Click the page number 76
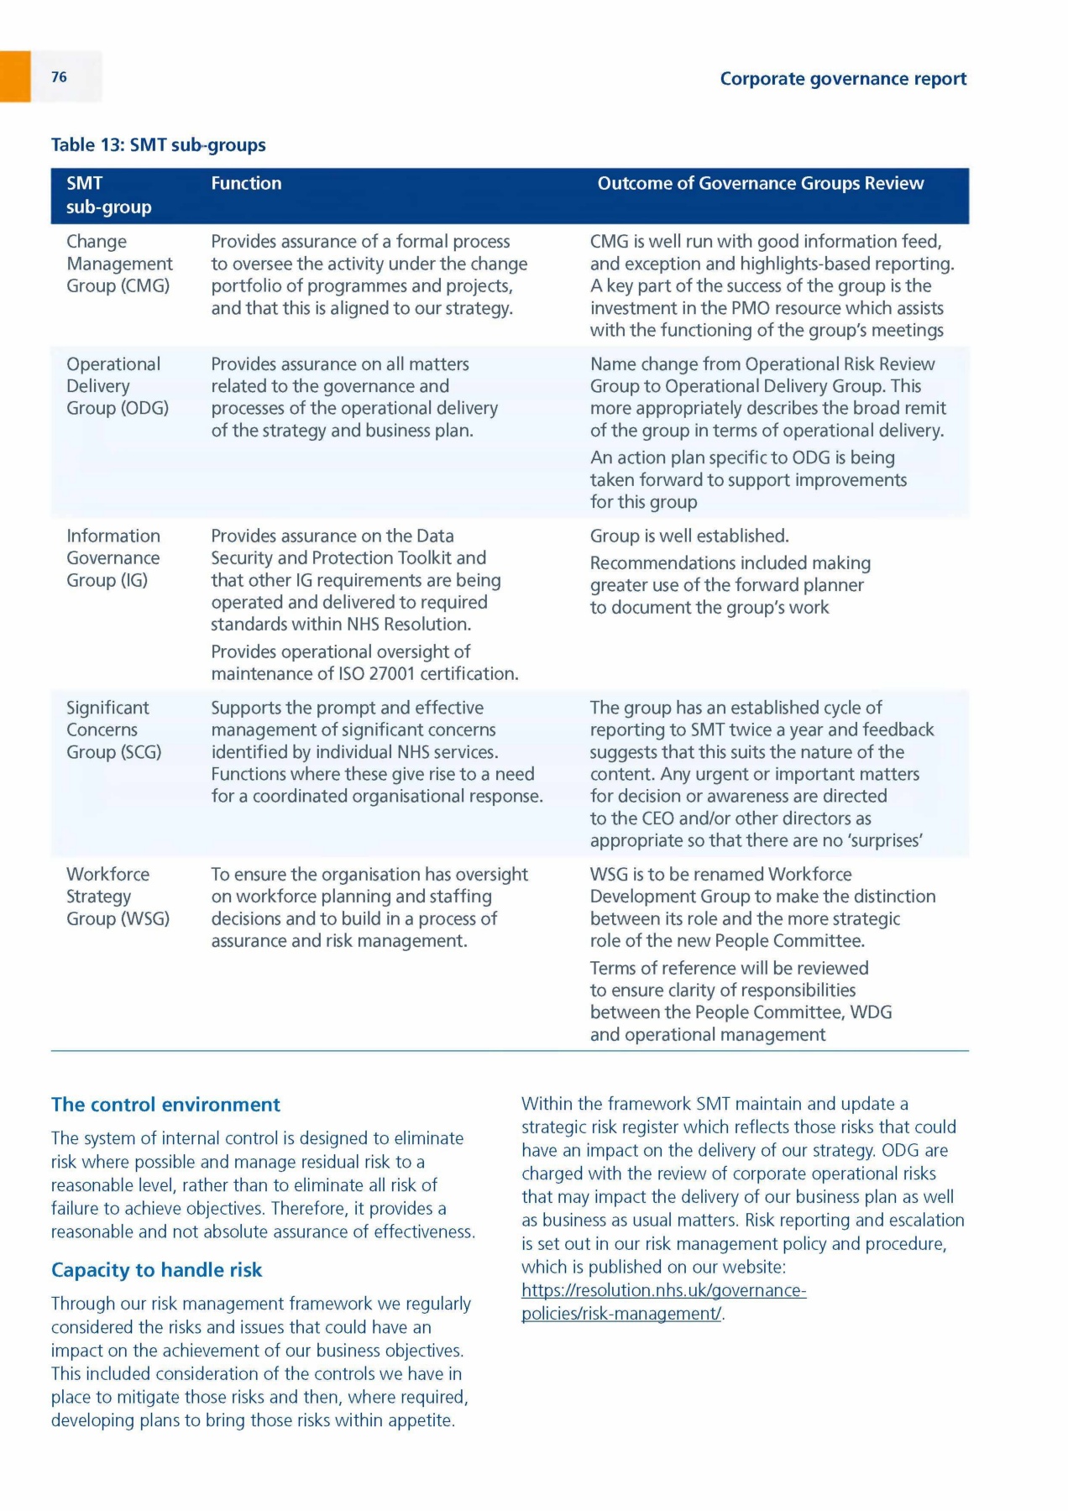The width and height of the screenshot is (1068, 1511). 59,77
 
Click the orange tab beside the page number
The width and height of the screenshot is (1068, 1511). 15,76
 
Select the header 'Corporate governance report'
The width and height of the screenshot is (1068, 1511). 843,79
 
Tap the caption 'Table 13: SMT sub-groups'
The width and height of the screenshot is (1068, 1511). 159,145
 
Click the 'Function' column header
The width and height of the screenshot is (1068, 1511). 246,183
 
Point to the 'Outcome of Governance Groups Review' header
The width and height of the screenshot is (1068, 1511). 760,183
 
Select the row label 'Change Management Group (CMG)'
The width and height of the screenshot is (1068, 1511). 119,264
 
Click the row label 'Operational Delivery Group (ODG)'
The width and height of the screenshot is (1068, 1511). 117,386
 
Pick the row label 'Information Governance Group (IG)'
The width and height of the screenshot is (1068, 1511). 113,558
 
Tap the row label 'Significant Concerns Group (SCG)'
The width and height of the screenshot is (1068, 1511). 113,729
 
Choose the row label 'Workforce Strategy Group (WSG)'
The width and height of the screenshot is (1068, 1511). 118,897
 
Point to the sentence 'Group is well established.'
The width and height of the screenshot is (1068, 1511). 689,536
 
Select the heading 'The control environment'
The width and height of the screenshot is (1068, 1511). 165,1105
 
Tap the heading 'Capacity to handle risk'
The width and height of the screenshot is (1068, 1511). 156,1270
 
